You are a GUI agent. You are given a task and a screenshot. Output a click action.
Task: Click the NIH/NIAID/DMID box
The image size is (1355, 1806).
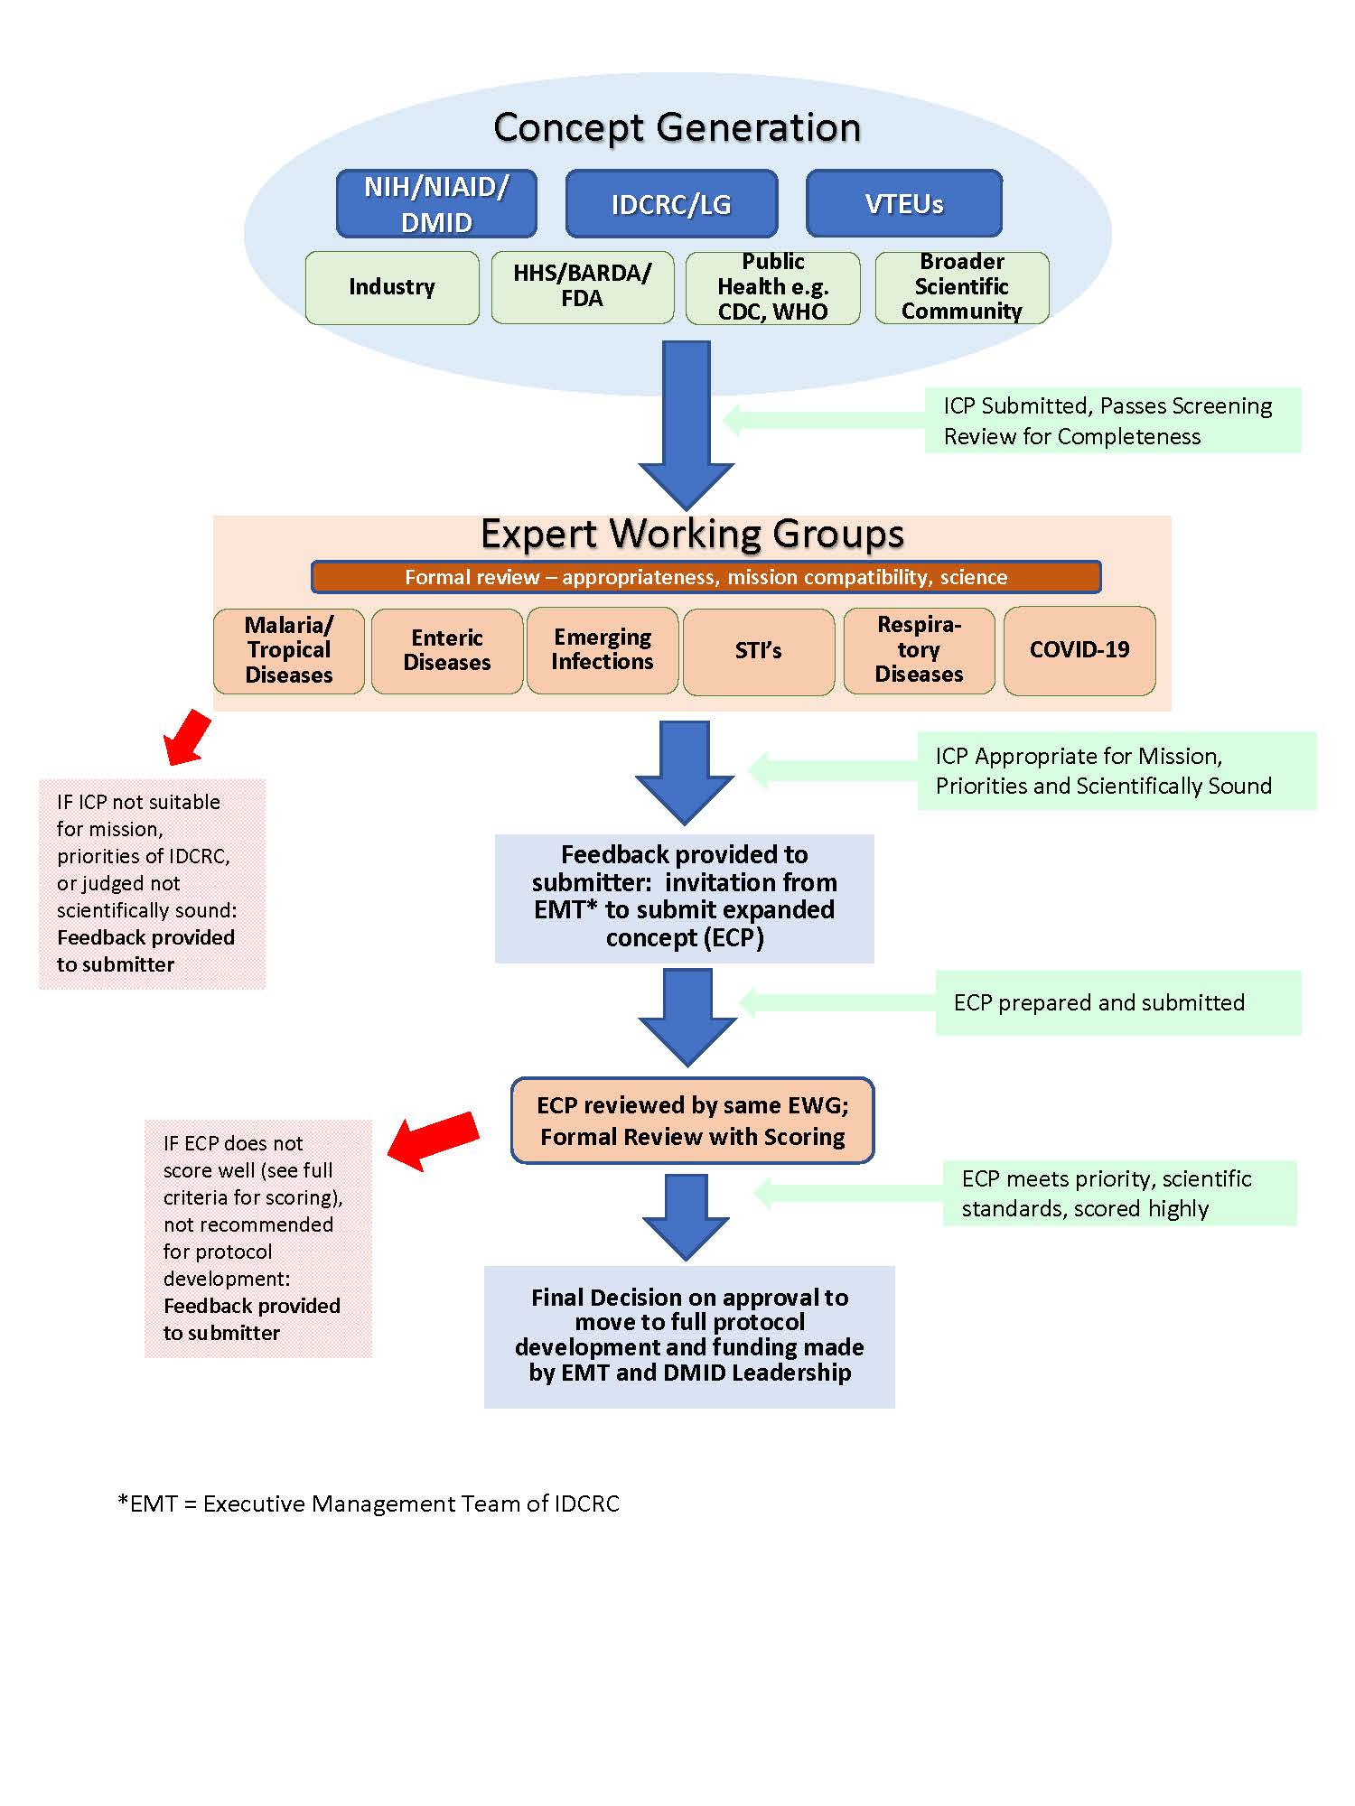436,204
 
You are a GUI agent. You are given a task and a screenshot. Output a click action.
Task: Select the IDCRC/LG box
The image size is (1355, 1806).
671,204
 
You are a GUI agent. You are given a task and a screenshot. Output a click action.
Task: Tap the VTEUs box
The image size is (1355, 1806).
903,204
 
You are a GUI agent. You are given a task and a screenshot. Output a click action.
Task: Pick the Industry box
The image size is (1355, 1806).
392,287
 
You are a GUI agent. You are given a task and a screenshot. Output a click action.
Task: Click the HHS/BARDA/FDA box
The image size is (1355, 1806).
582,287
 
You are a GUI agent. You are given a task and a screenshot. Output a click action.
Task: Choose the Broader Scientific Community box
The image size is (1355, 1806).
961,287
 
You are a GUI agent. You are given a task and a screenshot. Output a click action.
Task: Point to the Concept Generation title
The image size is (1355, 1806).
677,127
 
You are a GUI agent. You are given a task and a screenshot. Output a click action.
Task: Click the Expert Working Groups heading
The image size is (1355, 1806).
692,534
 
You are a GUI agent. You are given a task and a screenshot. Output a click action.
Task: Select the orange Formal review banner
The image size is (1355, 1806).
706,577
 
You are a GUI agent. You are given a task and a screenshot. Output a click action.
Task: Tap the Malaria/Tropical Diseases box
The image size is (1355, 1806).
289,650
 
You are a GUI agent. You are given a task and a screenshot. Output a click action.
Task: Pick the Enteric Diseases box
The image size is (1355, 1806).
447,650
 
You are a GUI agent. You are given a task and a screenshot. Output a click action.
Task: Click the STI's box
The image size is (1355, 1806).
758,651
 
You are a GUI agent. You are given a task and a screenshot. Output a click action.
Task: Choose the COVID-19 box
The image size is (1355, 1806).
1079,650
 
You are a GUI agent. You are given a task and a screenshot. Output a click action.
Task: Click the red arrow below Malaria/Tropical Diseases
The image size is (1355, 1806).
187,737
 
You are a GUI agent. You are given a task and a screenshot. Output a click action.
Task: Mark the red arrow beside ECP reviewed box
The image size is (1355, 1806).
433,1140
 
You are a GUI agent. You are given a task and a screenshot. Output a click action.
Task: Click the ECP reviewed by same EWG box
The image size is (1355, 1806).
692,1121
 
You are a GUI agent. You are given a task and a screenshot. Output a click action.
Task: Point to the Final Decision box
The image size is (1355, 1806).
689,1336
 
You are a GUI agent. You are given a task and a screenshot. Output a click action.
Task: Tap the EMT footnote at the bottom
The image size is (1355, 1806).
369,1503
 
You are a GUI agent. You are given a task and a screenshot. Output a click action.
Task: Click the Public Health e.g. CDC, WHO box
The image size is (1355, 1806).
772,287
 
